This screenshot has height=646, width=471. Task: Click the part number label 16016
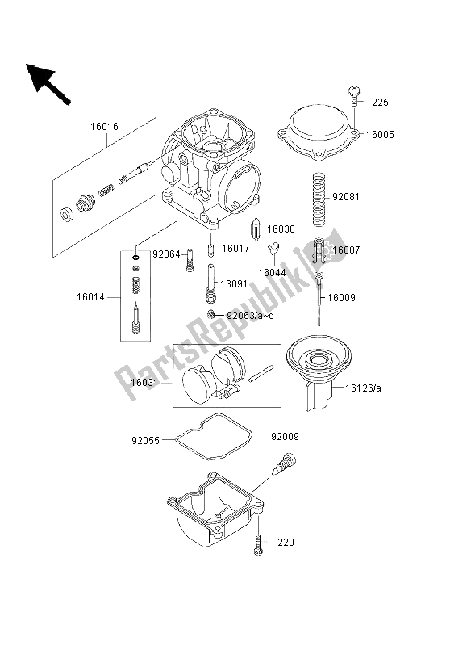[105, 127]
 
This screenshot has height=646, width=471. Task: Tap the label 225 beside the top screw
[380, 103]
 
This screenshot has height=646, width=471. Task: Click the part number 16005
[380, 135]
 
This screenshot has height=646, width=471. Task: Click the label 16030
[281, 229]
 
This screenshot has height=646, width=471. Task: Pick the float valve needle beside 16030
[256, 229]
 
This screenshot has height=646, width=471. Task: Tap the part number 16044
[272, 273]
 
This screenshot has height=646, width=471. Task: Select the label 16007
[346, 250]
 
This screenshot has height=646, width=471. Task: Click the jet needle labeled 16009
[319, 299]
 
